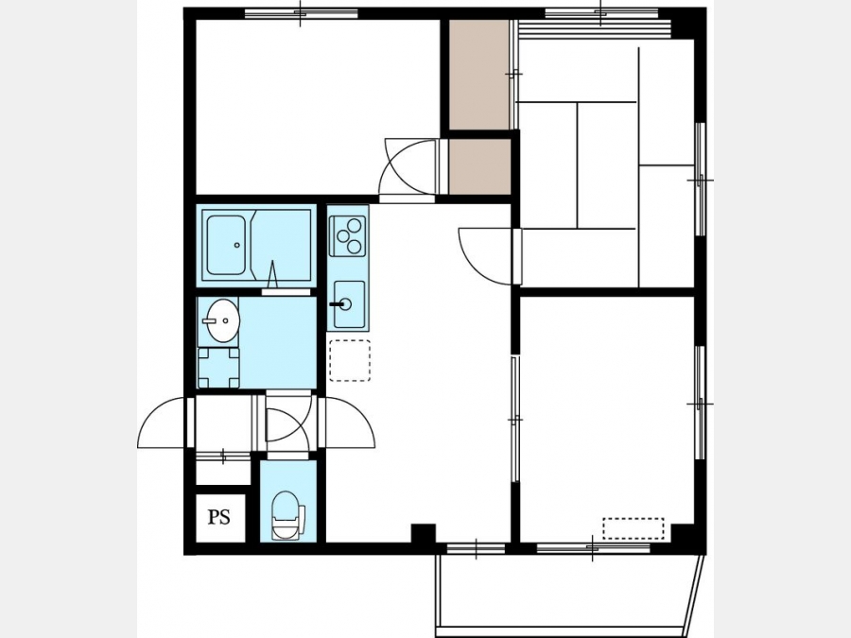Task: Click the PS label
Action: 219,517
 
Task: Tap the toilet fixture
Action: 287,515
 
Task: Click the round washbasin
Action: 223,320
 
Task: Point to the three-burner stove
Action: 348,235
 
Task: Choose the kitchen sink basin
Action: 349,304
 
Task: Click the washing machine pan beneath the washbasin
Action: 218,368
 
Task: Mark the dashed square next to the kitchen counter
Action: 350,360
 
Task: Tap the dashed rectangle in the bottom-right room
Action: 634,527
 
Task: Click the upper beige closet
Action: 479,75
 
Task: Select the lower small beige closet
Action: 479,166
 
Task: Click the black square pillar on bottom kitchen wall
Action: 424,533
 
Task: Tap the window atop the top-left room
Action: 302,13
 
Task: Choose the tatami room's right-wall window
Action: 700,180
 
